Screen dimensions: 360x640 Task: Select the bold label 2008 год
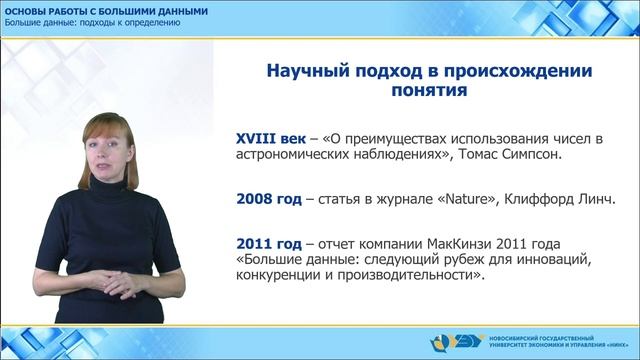[268, 200]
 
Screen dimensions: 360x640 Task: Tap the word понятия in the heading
[425, 93]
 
